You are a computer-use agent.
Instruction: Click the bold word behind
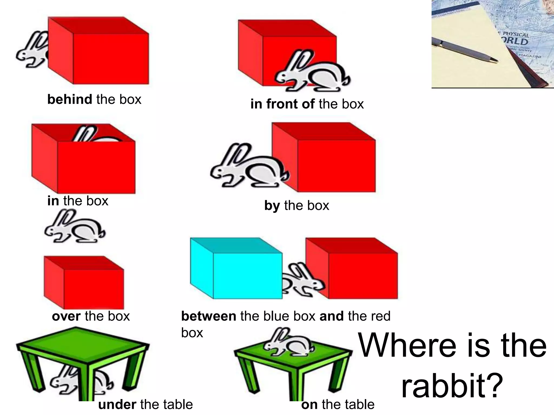70,99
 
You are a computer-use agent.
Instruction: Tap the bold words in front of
282,104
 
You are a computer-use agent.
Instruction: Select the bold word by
272,206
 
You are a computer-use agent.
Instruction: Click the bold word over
66,316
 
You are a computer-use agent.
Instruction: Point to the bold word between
208,316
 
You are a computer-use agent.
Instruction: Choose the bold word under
117,405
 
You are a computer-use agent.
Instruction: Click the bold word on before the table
309,405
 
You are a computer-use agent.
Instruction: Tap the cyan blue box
236,269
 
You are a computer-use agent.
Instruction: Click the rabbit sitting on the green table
288,342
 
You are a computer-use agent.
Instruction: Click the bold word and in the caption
331,316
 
